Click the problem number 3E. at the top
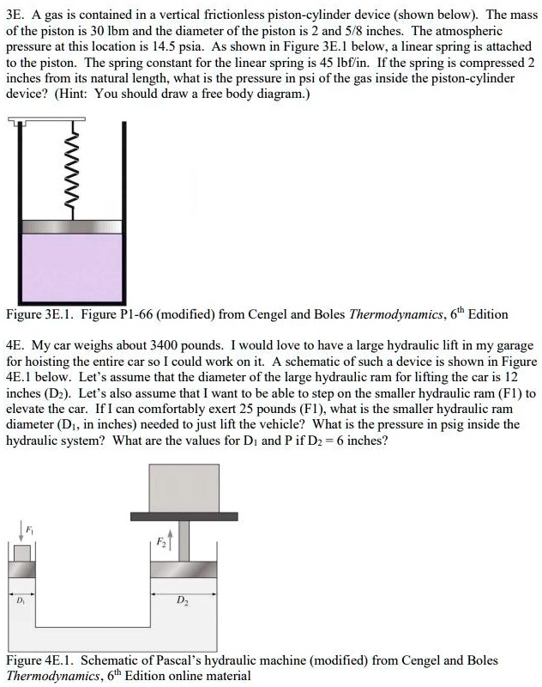click(15, 15)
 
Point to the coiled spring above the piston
click(75, 172)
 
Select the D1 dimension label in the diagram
click(21, 599)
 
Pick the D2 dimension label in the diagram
click(182, 600)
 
